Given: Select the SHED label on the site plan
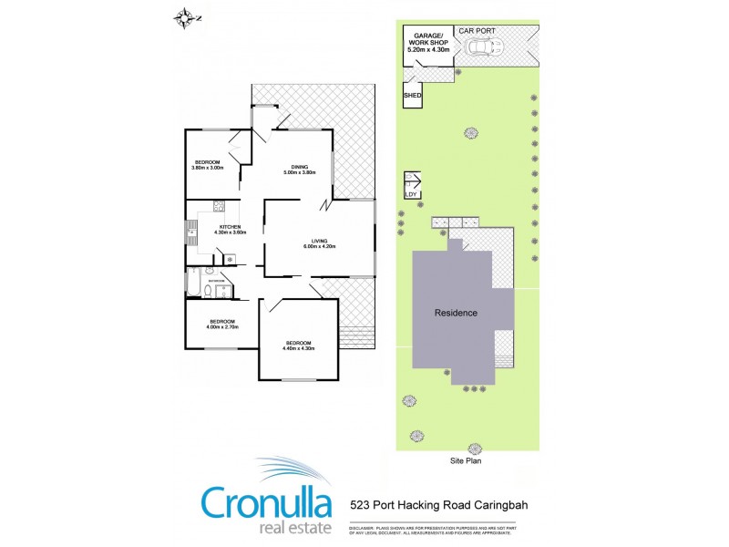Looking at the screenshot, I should (412, 94).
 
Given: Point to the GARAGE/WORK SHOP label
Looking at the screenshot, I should (426, 41).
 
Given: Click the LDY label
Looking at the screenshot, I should (410, 193).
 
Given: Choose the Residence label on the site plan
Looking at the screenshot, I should (456, 313).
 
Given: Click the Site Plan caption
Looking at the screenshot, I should (467, 461).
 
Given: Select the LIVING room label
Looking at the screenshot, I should (319, 243).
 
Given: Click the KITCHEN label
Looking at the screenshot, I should (230, 228).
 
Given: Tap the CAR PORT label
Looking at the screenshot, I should (477, 31).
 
